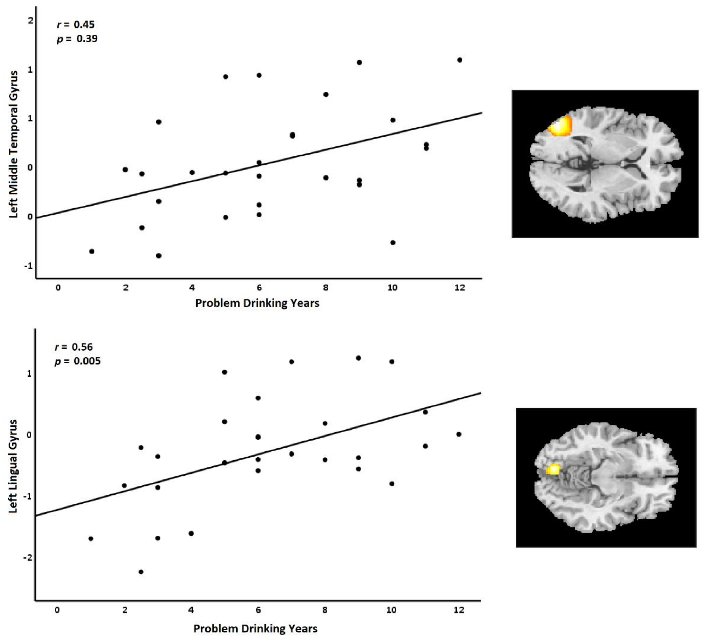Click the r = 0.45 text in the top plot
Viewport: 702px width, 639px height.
coord(76,24)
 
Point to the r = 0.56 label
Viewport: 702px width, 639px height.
coord(74,347)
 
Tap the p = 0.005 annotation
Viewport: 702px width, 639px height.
coord(78,361)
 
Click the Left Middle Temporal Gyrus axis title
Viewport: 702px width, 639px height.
coord(13,144)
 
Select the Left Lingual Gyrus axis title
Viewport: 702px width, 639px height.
coord(13,466)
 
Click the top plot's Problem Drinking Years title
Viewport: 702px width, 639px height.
coord(257,303)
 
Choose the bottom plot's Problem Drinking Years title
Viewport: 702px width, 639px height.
coord(255,629)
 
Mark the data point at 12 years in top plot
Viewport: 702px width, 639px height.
coord(460,60)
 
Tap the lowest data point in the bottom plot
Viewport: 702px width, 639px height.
coord(141,572)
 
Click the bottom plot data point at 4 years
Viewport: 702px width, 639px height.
coord(191,533)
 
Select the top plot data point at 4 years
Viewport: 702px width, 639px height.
coord(192,172)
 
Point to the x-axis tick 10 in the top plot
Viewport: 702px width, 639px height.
coord(393,288)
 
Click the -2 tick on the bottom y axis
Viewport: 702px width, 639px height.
coord(28,557)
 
